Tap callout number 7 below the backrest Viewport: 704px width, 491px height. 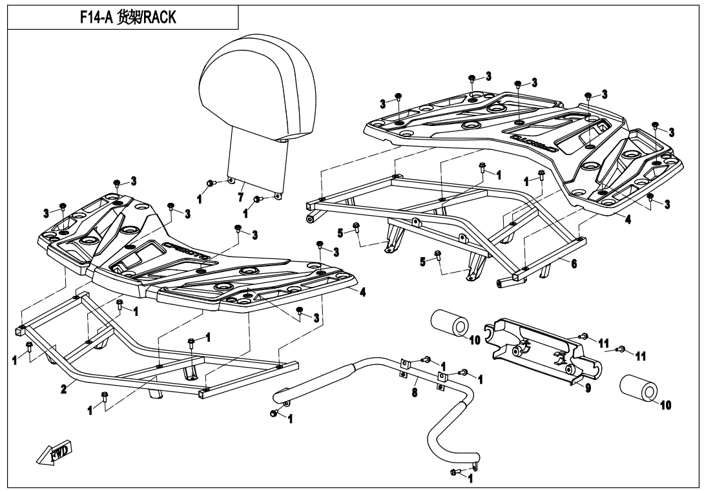[240, 195]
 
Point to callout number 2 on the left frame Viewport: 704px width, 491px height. [63, 390]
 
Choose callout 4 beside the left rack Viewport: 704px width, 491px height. [362, 292]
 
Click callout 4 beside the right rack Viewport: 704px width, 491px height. [627, 220]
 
